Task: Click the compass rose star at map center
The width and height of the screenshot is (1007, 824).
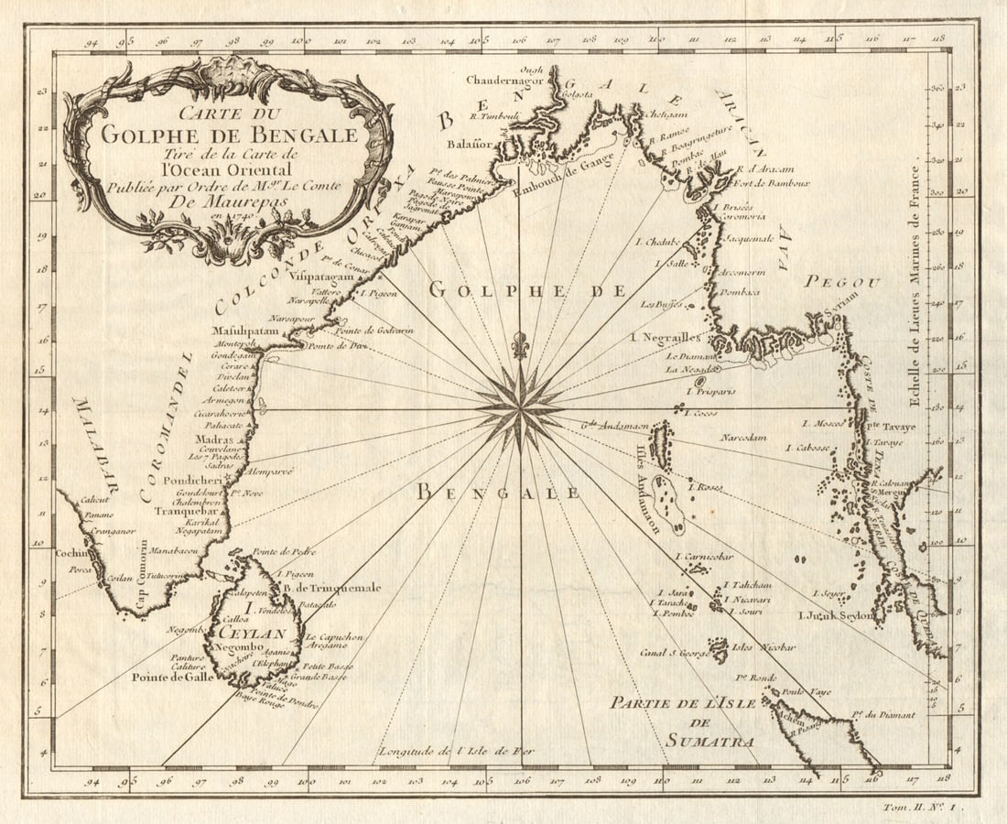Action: click(x=520, y=407)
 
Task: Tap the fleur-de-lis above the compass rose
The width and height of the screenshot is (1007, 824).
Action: click(x=520, y=345)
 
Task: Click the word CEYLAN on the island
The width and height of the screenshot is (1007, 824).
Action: click(x=261, y=633)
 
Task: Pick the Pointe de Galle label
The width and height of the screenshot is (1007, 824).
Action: click(x=172, y=678)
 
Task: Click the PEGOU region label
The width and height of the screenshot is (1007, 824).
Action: click(x=842, y=282)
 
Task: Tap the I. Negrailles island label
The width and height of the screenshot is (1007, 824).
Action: click(x=666, y=338)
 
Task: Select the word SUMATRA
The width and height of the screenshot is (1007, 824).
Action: click(x=696, y=741)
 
